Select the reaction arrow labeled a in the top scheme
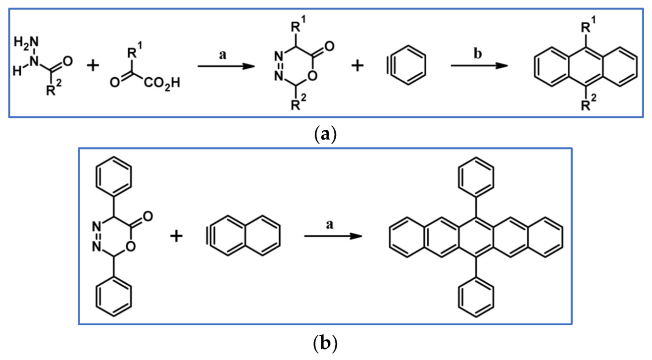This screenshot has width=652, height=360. coord(223,66)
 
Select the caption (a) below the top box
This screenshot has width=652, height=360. coord(325,133)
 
